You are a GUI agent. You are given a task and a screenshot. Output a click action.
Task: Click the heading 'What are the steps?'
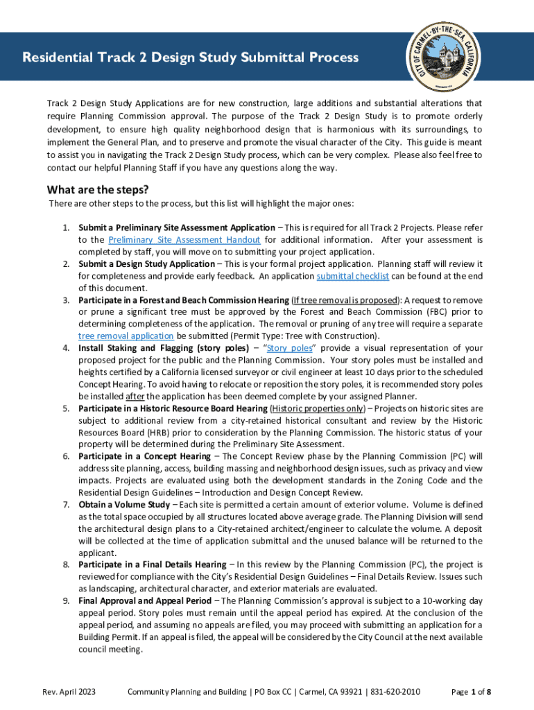tap(98, 190)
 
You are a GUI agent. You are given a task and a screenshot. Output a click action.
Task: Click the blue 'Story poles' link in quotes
tap(288, 348)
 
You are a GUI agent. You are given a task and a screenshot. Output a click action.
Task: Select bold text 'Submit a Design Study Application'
tap(146, 264)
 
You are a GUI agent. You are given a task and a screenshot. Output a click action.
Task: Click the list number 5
tap(66, 408)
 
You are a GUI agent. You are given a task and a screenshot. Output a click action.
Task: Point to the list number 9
tap(66, 600)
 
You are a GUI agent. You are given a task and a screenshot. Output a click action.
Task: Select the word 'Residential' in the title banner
tap(57, 57)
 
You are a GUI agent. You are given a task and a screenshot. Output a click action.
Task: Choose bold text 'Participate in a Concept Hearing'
tap(144, 456)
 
